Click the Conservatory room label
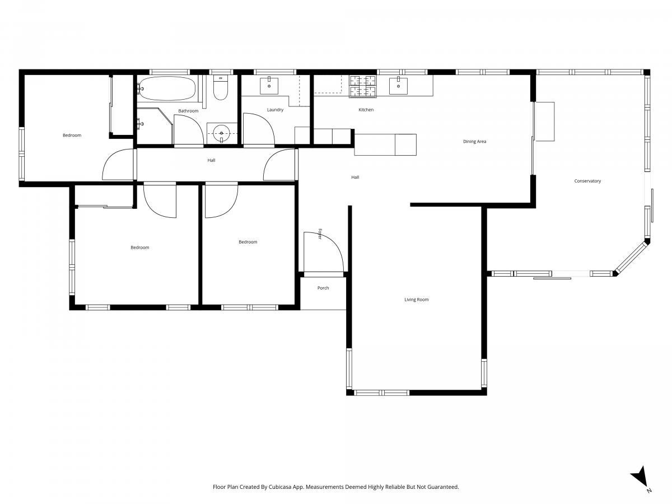tap(587, 181)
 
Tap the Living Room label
tap(417, 300)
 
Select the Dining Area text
tap(474, 141)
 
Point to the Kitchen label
tap(366, 110)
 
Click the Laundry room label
tap(275, 110)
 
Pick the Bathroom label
tap(188, 111)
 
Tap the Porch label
tap(323, 288)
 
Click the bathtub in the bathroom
tap(166, 88)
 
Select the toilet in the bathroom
tap(221, 87)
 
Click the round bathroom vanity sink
tap(222, 133)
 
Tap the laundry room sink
tap(269, 86)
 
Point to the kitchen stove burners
tap(363, 86)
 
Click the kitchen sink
tap(398, 86)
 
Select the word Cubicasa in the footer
tap(280, 487)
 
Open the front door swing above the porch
tap(324, 252)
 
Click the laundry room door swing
tap(259, 129)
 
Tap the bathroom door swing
tap(189, 130)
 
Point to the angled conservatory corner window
tap(632, 258)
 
